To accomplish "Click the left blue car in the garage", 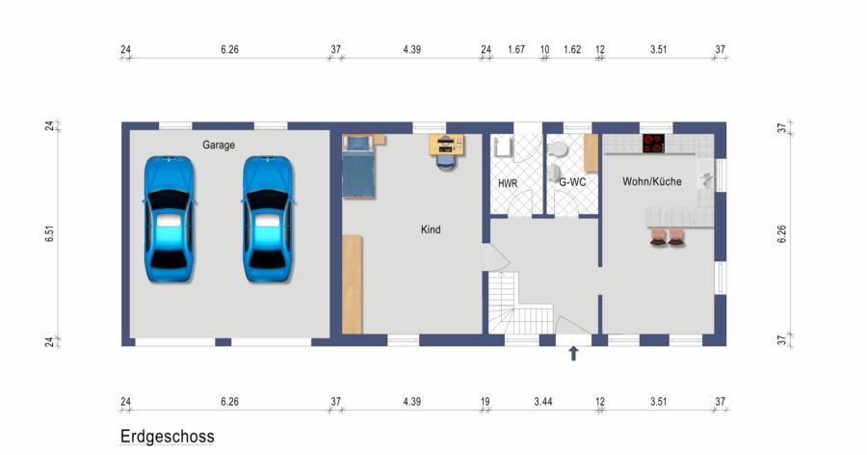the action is point(169,219).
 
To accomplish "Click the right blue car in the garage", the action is point(268,219).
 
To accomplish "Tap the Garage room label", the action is point(219,145).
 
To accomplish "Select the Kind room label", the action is point(431,229).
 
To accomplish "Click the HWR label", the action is point(508,183).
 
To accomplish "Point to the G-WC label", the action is point(572,181).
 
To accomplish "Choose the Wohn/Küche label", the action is point(652,181).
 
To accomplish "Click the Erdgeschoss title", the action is point(167,436).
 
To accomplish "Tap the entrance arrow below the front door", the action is point(573,353).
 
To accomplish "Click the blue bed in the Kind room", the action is point(358,166).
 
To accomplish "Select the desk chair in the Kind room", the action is point(447,162).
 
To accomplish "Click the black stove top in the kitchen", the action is point(653,144).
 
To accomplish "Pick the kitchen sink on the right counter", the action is point(704,174).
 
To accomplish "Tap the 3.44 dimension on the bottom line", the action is point(543,402).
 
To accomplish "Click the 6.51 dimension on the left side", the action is point(50,233).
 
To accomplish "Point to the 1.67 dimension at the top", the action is point(516,50).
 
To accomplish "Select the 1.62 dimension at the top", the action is point(572,50).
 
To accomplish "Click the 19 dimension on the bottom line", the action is point(486,402).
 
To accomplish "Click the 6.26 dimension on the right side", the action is point(781,233).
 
